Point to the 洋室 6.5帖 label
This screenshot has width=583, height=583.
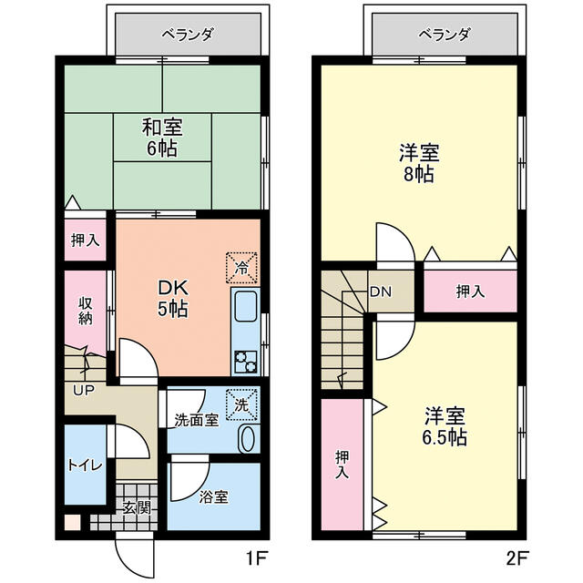click(445, 425)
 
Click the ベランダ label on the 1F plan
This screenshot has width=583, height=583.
click(189, 36)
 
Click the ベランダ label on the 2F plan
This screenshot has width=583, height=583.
click(446, 36)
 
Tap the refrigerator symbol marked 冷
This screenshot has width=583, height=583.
click(242, 268)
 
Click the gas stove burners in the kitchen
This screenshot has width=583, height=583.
click(245, 361)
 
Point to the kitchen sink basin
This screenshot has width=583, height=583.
click(245, 312)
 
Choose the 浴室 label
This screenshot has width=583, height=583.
click(213, 497)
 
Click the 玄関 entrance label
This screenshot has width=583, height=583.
click(137, 508)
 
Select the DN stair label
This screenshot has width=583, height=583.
click(380, 292)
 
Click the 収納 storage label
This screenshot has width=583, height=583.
click(85, 310)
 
